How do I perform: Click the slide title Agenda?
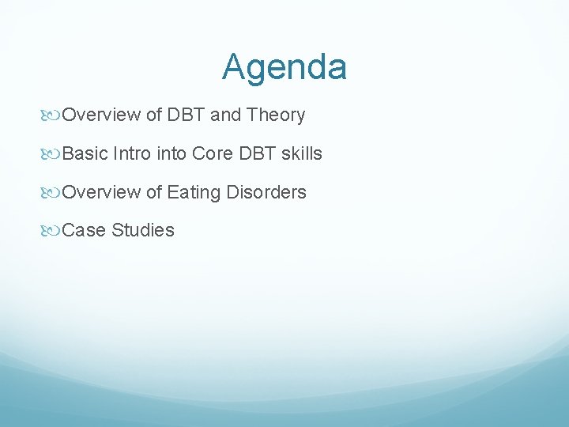(x=284, y=67)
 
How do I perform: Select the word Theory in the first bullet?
(x=276, y=115)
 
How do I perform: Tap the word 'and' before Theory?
(x=225, y=115)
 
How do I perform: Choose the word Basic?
(x=85, y=153)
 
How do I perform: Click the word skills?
(x=301, y=153)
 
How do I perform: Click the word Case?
(x=84, y=230)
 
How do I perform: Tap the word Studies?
(x=143, y=230)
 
